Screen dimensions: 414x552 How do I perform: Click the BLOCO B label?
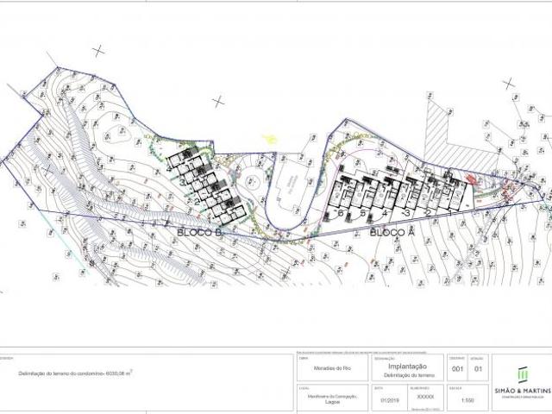pos(200,233)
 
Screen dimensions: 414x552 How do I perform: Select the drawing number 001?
pos(459,370)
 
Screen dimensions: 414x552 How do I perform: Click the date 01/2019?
pos(390,400)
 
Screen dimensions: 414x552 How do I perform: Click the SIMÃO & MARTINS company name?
pos(523,392)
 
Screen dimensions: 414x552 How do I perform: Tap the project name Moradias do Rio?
pos(323,370)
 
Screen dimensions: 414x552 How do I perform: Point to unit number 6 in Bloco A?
pos(342,212)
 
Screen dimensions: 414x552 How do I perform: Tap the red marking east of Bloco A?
pos(470,179)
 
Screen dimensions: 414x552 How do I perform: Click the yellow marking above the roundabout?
pos(271,139)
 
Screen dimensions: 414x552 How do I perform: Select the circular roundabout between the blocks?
pos(252,183)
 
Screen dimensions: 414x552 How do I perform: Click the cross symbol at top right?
pos(509,83)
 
